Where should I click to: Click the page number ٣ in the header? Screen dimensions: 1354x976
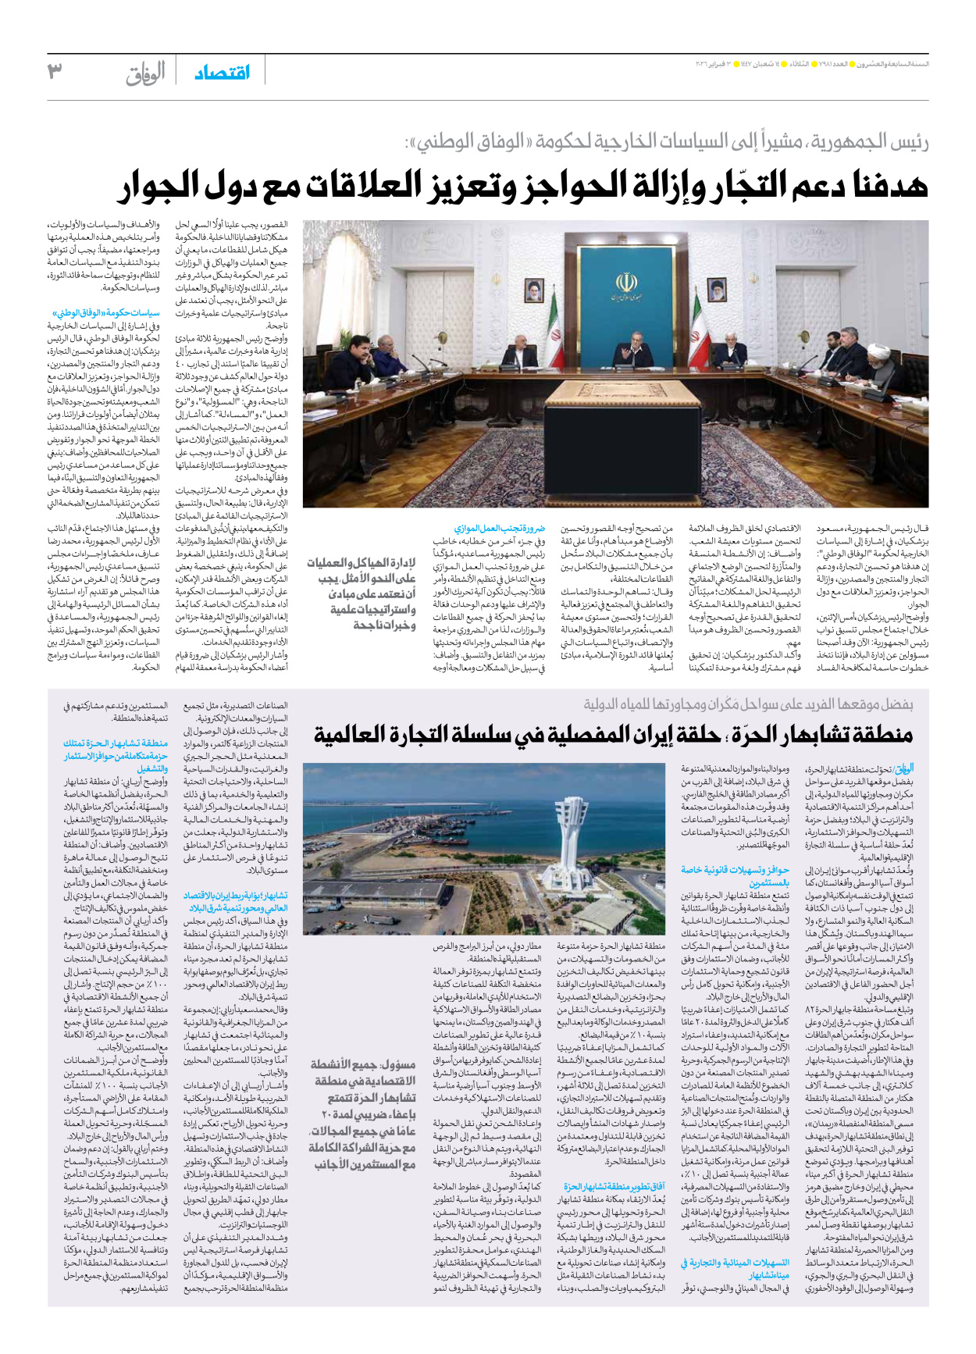(55, 72)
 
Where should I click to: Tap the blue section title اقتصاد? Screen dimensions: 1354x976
(222, 73)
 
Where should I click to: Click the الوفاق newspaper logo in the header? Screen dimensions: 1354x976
(146, 73)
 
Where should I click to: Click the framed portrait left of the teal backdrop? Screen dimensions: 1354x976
(533, 291)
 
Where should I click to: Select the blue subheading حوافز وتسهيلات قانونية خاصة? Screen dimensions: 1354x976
(735, 875)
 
